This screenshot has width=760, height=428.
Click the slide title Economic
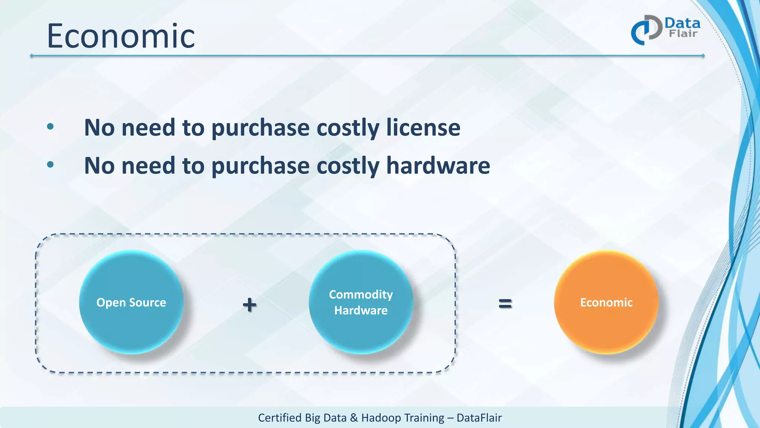[121, 36]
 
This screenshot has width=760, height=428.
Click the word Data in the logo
[682, 23]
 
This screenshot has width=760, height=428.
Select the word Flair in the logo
[683, 33]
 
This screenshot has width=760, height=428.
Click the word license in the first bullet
[423, 127]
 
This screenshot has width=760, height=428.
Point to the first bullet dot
[50, 127]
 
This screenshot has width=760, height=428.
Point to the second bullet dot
[50, 165]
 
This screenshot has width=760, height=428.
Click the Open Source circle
[131, 302]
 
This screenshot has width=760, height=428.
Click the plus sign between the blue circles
[249, 305]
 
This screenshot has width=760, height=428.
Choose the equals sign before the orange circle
[505, 304]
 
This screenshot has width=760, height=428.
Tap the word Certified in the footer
[279, 418]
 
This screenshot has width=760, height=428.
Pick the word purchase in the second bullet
[260, 165]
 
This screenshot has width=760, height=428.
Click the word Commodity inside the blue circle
[361, 294]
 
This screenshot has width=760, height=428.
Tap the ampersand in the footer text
[354, 418]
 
